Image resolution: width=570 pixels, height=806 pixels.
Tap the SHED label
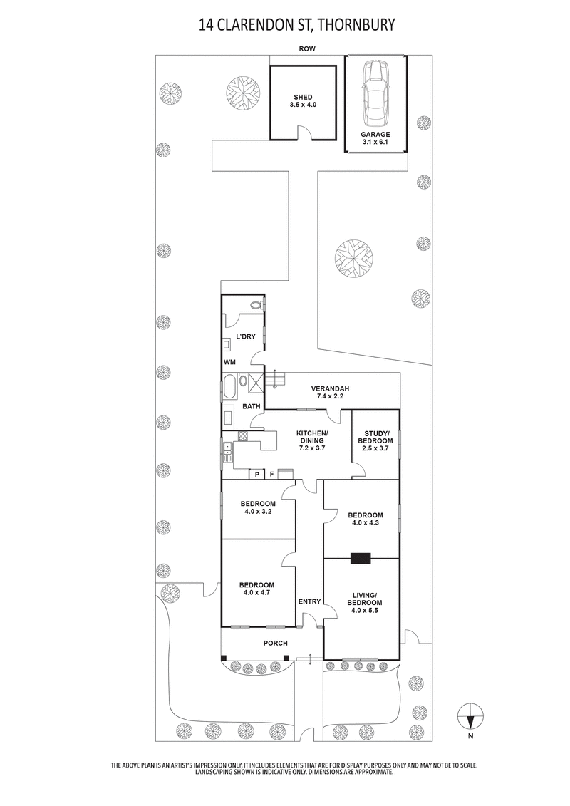(303, 98)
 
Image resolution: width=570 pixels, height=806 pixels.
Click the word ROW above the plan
(308, 49)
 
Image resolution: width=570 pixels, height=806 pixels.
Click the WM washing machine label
(229, 362)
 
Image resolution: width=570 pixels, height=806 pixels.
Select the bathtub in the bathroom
(229, 387)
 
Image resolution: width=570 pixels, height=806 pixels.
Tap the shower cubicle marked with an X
(255, 381)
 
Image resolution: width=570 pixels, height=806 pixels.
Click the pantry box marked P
(256, 474)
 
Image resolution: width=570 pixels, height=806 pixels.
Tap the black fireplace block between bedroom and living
(361, 558)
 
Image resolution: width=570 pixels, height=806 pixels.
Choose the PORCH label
(276, 644)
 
